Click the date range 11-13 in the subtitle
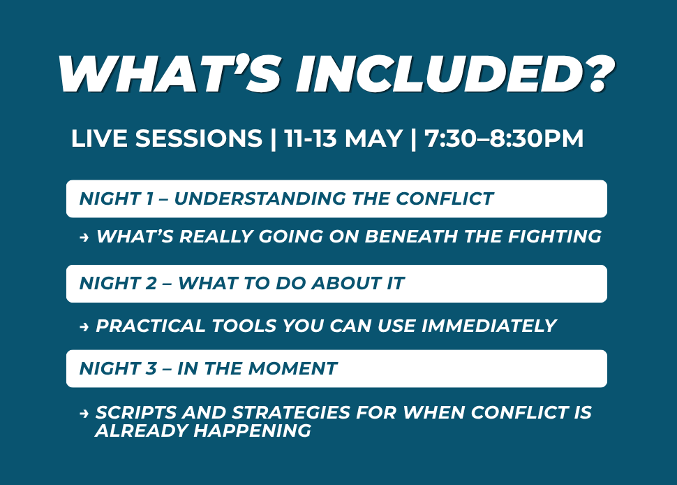tap(311, 138)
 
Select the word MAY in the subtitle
tap(373, 138)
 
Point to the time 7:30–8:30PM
tap(504, 138)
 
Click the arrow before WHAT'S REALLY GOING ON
tap(84, 237)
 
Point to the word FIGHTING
tap(555, 236)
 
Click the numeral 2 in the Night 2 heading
tap(151, 284)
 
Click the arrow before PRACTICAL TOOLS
tap(84, 327)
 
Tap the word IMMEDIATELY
tap(489, 326)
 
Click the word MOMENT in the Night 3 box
tap(292, 369)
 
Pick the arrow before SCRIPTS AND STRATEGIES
tap(84, 414)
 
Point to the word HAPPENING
tap(252, 430)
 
